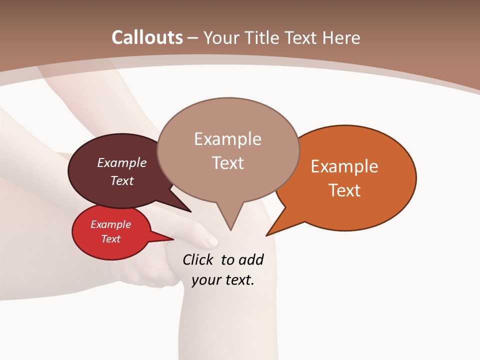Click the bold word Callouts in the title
coord(147,37)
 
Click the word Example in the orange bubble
coord(344,166)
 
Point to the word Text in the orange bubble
coord(344,190)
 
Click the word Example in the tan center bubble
coord(227,138)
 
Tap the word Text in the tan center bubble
coord(227,162)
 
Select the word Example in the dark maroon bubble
coord(122,162)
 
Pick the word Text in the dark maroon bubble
coord(122,180)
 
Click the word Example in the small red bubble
coord(110,224)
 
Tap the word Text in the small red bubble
coord(110,239)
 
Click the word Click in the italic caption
coord(199,260)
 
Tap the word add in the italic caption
coord(251,260)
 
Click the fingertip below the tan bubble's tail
coord(211,242)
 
